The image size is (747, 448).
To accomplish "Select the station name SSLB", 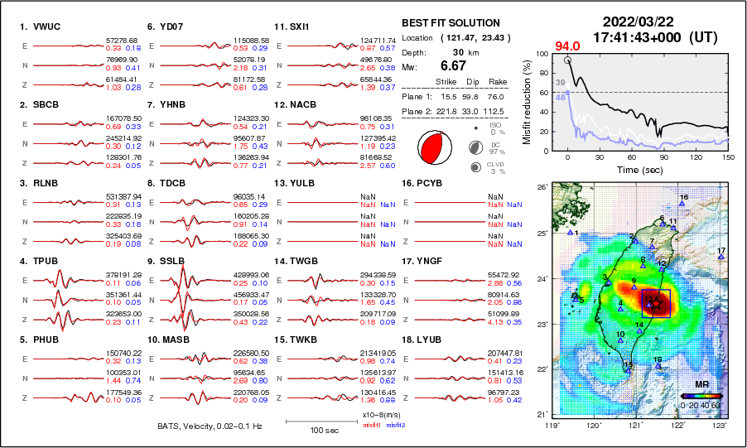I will point(172,261).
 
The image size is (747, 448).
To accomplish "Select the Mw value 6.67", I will point(454,65).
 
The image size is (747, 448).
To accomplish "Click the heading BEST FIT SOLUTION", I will point(451,23).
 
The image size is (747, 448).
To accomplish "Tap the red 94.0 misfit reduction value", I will point(567,46).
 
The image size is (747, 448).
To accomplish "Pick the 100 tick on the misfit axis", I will point(543,54).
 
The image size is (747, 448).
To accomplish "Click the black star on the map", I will point(658,303).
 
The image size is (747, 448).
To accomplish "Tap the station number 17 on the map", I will point(721,250).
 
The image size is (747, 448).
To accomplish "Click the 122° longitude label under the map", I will point(677,426).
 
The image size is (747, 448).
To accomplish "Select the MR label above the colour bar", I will point(701,385).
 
